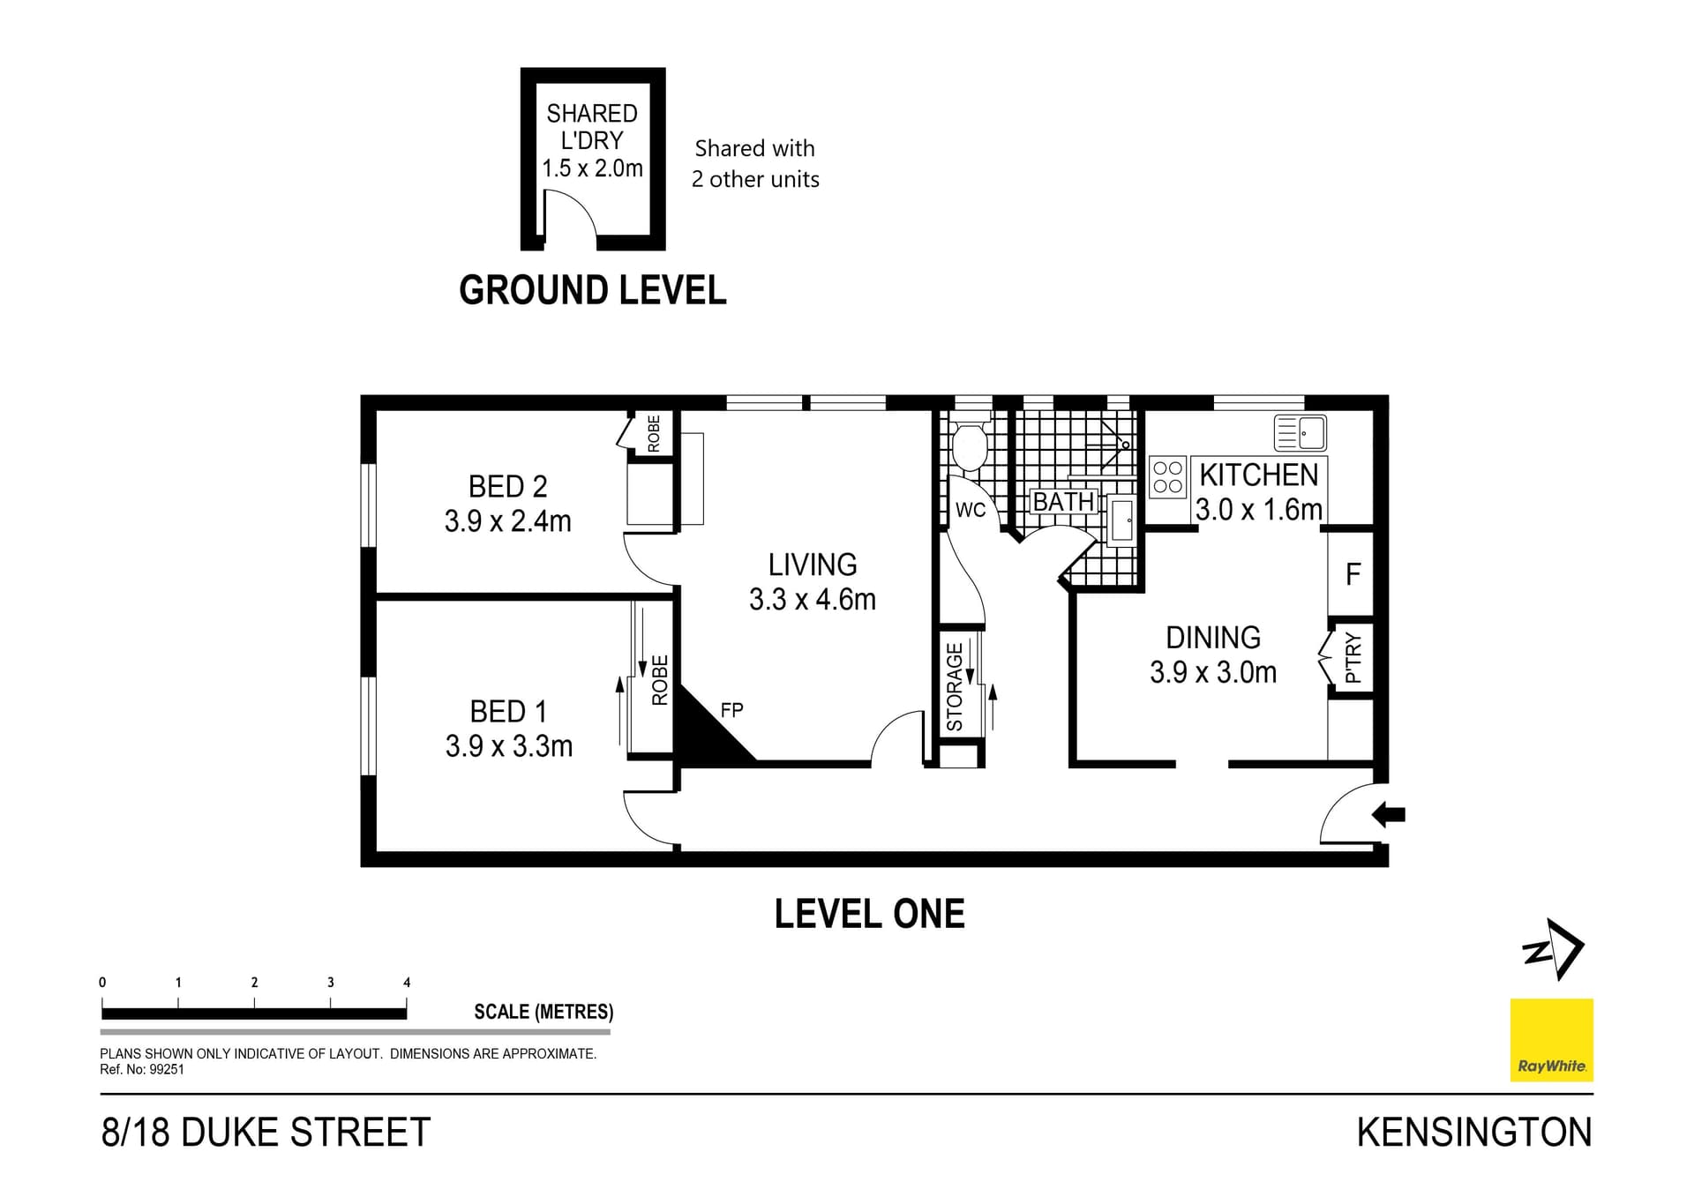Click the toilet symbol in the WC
[x=970, y=448]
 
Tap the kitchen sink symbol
[x=1300, y=433]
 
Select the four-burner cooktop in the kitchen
[x=1167, y=477]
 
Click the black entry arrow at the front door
[x=1389, y=815]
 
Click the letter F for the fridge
[x=1353, y=575]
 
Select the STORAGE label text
[x=955, y=687]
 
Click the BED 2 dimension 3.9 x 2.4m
[x=507, y=521]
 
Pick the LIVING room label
[x=812, y=565]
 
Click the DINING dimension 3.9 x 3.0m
[x=1212, y=673]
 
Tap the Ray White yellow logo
[x=1551, y=1039]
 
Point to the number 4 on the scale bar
[x=407, y=983]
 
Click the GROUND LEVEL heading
[x=592, y=290]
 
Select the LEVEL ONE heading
[x=869, y=914]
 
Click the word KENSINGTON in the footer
[x=1473, y=1133]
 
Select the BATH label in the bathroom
[x=1063, y=501]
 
